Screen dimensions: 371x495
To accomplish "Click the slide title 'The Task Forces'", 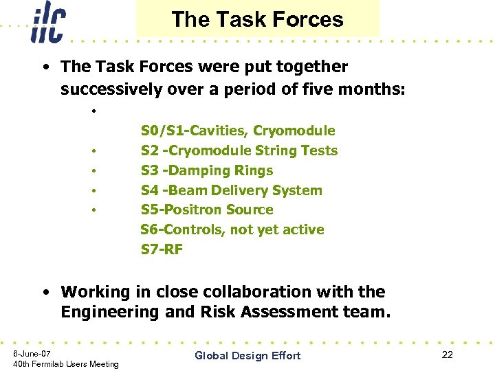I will click(x=257, y=19).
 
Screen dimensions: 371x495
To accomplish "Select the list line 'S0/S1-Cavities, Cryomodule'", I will click(x=238, y=131).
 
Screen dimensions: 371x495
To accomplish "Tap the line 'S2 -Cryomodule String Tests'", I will click(x=239, y=150).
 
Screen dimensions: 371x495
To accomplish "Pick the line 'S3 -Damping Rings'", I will click(x=207, y=170).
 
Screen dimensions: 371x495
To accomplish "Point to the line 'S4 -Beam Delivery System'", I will click(x=232, y=190).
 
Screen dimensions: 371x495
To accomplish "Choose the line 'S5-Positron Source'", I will click(x=207, y=210).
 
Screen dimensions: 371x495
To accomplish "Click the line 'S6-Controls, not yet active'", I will click(x=232, y=229).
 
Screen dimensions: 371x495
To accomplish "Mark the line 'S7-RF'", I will click(x=162, y=249).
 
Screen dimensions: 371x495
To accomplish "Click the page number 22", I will click(x=447, y=355).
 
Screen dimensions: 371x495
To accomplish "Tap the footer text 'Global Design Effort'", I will click(x=247, y=355).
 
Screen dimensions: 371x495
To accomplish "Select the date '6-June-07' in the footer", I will click(x=32, y=352).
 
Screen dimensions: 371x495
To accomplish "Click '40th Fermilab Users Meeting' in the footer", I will click(x=66, y=364).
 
